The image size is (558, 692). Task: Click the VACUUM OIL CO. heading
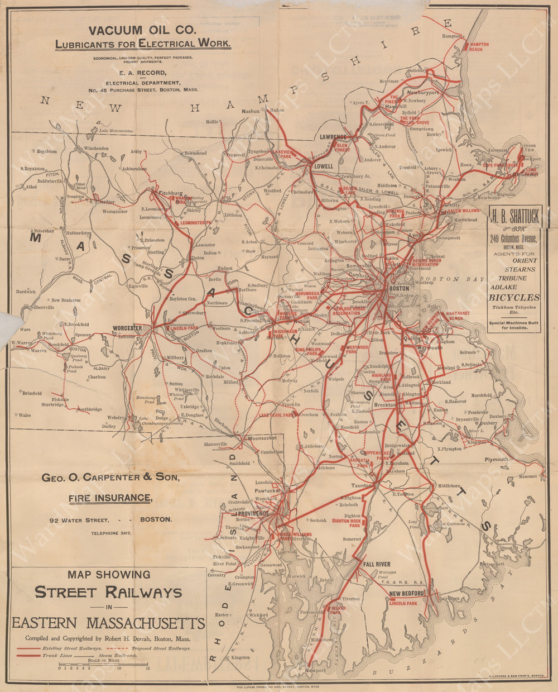click(x=142, y=31)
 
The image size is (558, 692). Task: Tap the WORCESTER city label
click(x=128, y=328)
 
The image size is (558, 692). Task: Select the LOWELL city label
click(x=323, y=166)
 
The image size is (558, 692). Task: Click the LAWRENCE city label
click(x=333, y=137)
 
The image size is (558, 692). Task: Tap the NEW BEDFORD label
click(x=407, y=593)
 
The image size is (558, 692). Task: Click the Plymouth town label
click(x=496, y=459)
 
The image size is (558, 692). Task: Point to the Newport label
click(x=315, y=670)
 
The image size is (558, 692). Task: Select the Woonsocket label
click(x=262, y=438)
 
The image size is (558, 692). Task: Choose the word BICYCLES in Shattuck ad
click(x=514, y=297)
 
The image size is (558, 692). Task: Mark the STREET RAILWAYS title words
click(x=108, y=593)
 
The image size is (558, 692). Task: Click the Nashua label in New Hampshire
click(x=251, y=111)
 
